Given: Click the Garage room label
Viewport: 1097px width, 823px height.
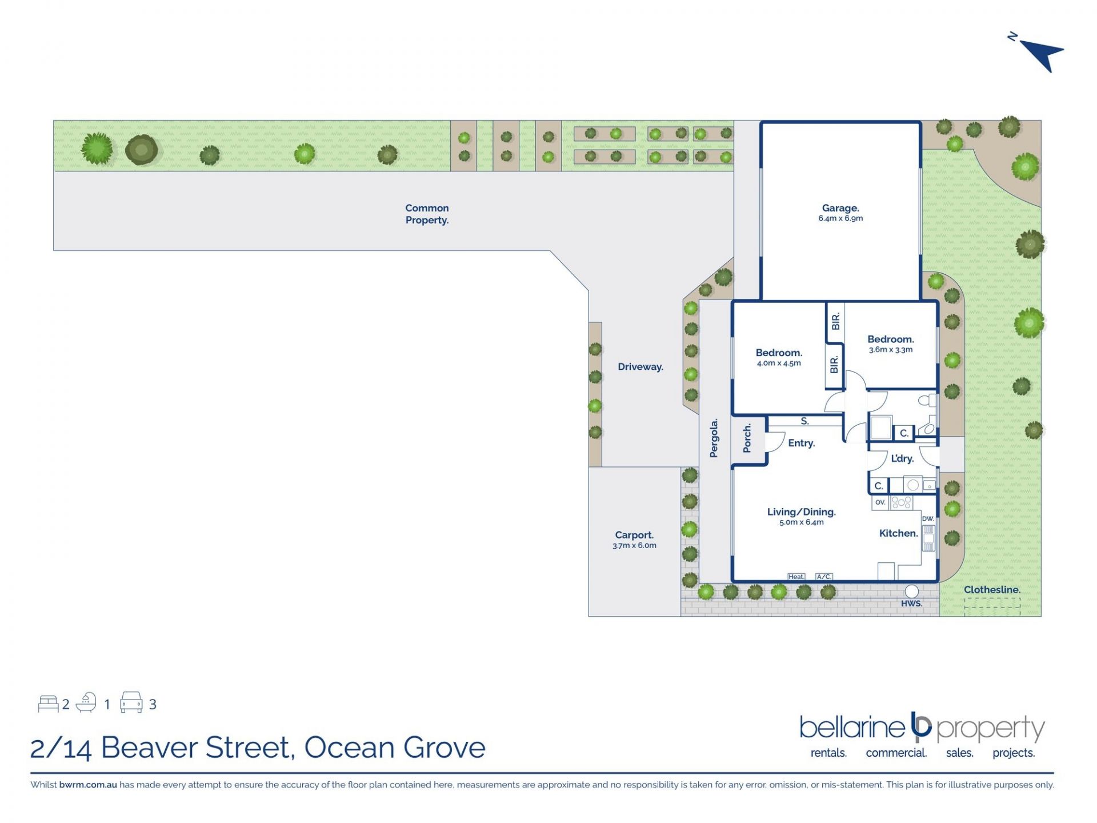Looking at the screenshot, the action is pyautogui.click(x=840, y=208).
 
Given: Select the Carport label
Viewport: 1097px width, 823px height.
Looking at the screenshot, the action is pyautogui.click(x=634, y=535).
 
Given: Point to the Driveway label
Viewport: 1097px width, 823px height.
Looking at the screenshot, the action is pyautogui.click(x=640, y=367).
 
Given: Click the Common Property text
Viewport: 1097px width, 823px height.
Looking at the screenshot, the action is pyautogui.click(x=427, y=214).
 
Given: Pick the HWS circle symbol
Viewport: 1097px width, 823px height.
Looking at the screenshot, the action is pyautogui.click(x=912, y=591).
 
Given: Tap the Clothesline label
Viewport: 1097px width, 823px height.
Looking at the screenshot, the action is pyautogui.click(x=992, y=589).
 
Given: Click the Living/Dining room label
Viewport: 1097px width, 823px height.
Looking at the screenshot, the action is pyautogui.click(x=802, y=512).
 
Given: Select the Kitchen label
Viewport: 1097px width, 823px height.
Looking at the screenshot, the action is pyautogui.click(x=899, y=533).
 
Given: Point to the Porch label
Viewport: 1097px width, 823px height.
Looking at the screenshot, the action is pyautogui.click(x=747, y=438).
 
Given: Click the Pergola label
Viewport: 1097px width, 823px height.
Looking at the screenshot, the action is pyautogui.click(x=714, y=438).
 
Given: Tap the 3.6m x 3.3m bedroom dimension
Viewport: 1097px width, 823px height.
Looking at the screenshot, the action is pyautogui.click(x=891, y=350).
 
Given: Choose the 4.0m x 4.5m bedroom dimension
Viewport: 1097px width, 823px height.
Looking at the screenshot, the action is pyautogui.click(x=779, y=363).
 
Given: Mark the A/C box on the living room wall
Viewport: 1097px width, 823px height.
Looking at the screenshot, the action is pyautogui.click(x=824, y=577).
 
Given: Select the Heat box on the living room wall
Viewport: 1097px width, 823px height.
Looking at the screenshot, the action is pyautogui.click(x=796, y=577).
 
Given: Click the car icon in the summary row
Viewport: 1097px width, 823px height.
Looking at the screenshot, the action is pyautogui.click(x=131, y=702).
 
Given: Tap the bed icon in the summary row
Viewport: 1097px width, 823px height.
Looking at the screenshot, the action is pyautogui.click(x=48, y=704).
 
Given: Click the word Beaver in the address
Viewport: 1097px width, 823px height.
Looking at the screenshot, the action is pyautogui.click(x=149, y=748).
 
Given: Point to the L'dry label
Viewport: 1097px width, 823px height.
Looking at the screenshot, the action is pyautogui.click(x=902, y=458).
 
